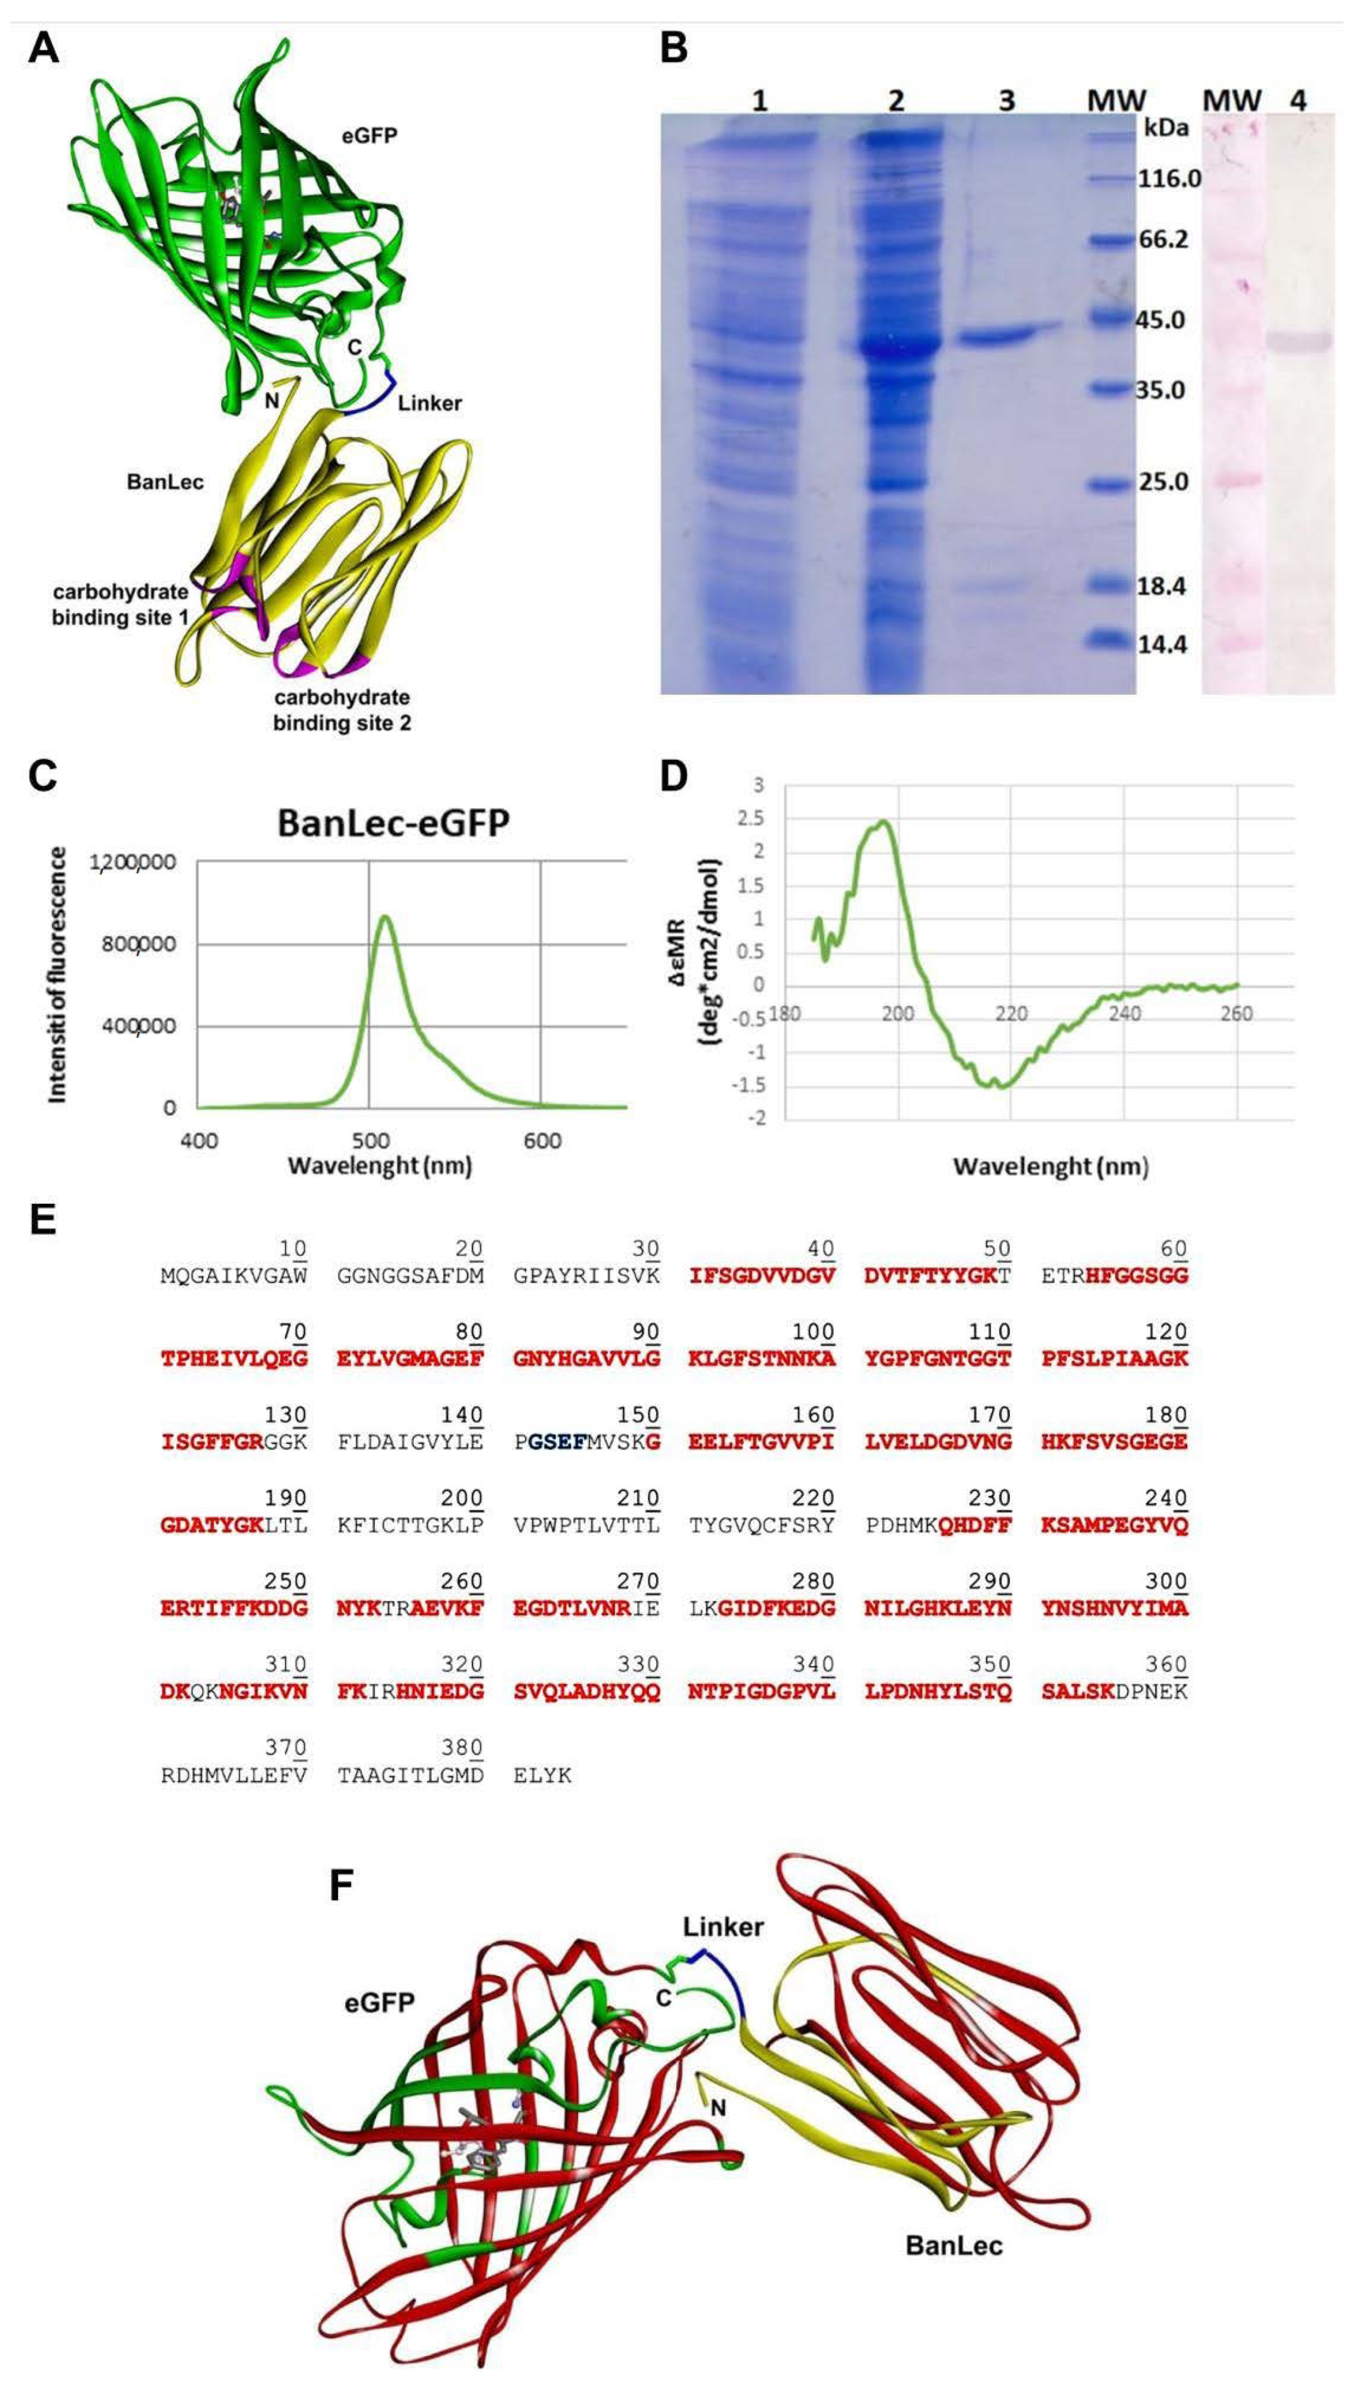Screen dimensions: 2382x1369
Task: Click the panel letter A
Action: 43,47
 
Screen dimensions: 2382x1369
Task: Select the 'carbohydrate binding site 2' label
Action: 341,710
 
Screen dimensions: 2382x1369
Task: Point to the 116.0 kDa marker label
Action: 1169,178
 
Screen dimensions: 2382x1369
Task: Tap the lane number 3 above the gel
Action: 1006,100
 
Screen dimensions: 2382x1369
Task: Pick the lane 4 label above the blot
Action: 1299,100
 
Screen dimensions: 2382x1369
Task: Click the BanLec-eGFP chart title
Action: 393,823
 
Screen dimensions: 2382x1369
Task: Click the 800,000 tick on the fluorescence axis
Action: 139,944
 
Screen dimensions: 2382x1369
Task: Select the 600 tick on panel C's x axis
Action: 542,1141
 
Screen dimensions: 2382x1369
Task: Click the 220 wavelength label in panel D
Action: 1011,1014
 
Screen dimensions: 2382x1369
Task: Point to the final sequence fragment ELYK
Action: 542,1776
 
